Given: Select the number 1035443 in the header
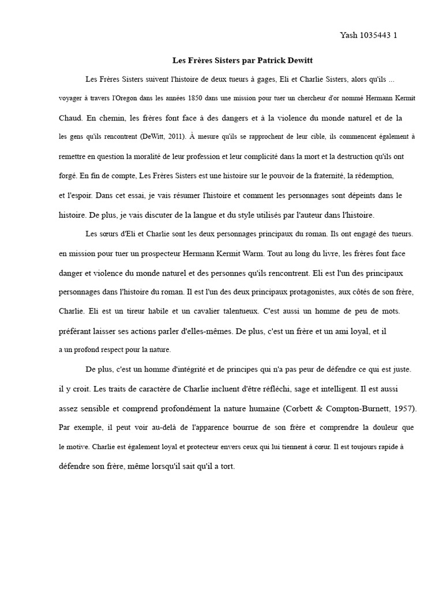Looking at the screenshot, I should [x=376, y=35].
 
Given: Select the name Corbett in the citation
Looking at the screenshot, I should [x=302, y=409].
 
